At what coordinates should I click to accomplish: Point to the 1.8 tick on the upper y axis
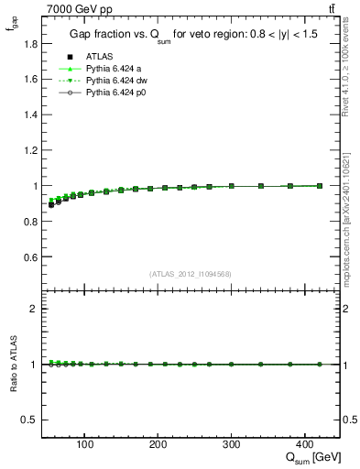[x=30, y=44]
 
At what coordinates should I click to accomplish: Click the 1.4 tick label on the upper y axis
[x=30, y=115]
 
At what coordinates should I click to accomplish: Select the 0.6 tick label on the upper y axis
[x=30, y=256]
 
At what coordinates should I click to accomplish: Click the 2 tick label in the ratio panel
[x=33, y=309]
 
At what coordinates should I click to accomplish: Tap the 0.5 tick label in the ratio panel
[x=30, y=420]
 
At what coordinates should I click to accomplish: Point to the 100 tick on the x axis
[x=85, y=446]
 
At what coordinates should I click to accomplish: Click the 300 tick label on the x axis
[x=232, y=446]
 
